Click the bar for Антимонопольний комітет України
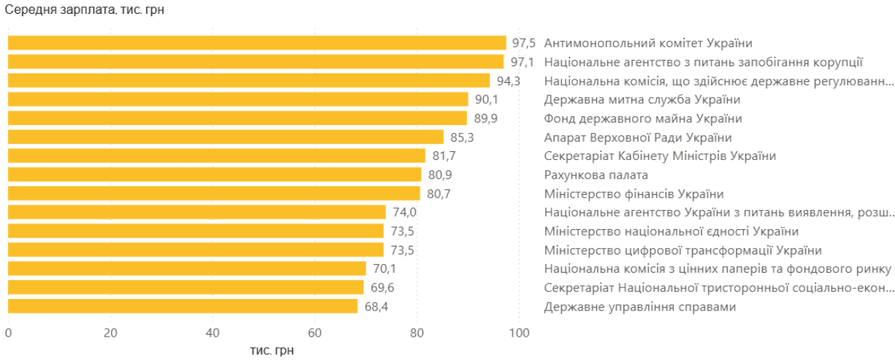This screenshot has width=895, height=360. pos(257,43)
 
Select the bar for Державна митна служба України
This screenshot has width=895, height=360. pos(238,100)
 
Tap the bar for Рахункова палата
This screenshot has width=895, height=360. pos(214,175)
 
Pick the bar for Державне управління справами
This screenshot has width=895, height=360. pos(182,307)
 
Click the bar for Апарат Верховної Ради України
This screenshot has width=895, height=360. pos(225,137)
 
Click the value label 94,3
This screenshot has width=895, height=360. pos(508,81)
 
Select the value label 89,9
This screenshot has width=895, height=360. pos(485,119)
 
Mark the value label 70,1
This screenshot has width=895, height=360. pos(384,269)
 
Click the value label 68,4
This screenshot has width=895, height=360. pos(376,307)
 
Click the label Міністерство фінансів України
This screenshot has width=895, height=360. pos(634,193)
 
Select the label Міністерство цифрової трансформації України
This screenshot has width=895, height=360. pos(683,250)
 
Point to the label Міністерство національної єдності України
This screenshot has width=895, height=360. pos(671,231)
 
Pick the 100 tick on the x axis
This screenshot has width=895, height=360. pos(519,333)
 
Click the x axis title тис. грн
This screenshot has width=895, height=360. pos(272,351)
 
